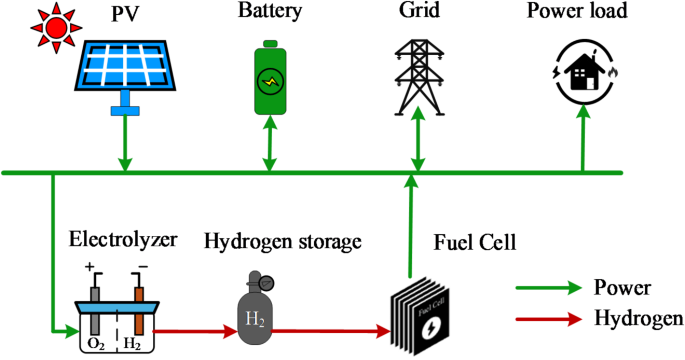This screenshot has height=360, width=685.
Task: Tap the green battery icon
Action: (x=268, y=81)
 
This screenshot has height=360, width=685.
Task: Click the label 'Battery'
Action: (x=267, y=13)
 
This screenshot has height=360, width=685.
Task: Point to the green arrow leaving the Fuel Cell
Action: (x=411, y=226)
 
